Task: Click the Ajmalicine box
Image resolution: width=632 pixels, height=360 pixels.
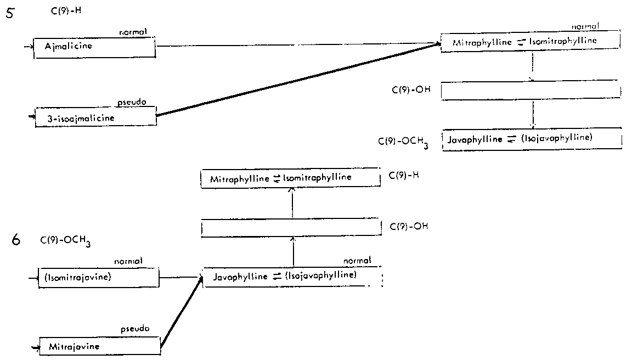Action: coord(94,47)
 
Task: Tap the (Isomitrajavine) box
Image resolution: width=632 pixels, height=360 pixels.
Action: coord(98,277)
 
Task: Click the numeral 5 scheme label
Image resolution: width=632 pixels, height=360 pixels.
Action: coord(9,14)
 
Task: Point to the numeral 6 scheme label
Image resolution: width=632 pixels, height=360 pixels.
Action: coord(16,240)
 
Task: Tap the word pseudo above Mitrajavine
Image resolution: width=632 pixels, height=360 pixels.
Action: coord(135,329)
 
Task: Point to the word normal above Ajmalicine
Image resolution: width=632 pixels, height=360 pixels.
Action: coord(133,32)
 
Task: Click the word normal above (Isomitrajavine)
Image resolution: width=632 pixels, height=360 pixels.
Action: coord(128,261)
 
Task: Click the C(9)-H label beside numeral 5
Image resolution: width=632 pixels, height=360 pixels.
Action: coord(65,10)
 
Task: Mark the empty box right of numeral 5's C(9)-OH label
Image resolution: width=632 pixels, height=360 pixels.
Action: coord(531,91)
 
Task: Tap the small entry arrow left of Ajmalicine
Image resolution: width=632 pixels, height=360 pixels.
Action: coord(29,47)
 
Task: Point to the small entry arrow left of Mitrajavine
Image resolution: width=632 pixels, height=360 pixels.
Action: coord(36,347)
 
